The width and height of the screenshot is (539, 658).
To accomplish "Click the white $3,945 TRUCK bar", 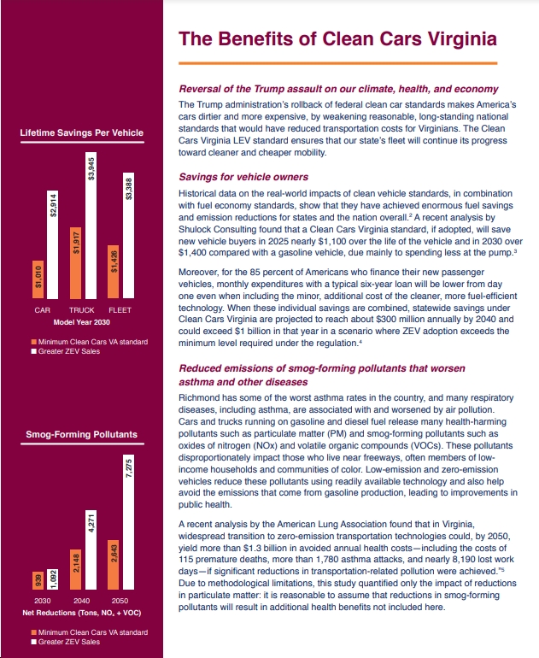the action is [91, 226].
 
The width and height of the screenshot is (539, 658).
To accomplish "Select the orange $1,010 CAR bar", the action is [38, 279].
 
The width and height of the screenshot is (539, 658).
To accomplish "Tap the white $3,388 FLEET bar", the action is [129, 235].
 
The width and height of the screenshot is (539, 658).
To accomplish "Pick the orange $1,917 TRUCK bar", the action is [75, 263].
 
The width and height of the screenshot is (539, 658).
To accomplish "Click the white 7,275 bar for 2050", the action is [129, 522].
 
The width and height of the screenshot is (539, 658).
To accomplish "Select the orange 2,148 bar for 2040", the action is [75, 569].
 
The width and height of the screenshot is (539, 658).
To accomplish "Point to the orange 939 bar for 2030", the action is [38, 581].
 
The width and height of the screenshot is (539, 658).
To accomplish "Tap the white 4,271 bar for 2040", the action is [91, 549].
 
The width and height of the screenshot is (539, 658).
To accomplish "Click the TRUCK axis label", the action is [82, 310].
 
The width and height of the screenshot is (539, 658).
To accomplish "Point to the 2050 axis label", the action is [120, 601].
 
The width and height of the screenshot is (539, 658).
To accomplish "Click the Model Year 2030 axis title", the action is [82, 322].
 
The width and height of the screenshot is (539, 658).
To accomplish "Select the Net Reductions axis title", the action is [82, 613].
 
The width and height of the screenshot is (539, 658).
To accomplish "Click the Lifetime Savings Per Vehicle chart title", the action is [82, 132].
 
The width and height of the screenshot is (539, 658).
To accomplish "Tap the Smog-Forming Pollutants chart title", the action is [82, 434].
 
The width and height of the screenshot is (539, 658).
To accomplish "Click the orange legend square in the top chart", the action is [34, 342].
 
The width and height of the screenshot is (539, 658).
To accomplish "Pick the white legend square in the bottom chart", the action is [34, 642].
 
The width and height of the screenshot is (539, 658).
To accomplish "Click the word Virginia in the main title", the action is [463, 39].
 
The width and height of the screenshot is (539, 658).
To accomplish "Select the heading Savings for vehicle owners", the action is [243, 177].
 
